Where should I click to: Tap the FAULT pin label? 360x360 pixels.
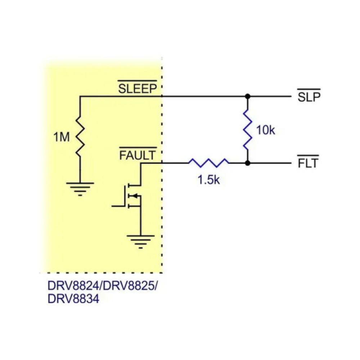(x=138, y=156)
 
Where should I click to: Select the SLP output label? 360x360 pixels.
(x=309, y=97)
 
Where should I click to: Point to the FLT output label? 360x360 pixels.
(x=308, y=163)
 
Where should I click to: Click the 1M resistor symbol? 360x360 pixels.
(x=80, y=136)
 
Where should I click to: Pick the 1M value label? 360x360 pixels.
(x=61, y=137)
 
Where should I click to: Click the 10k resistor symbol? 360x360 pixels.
(x=247, y=130)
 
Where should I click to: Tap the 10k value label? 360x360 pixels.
(x=265, y=130)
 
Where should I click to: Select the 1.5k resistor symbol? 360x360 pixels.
(x=208, y=163)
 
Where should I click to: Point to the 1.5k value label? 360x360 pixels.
(x=208, y=180)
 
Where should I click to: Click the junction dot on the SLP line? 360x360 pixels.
(x=247, y=96)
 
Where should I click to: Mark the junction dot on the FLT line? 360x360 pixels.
(x=247, y=163)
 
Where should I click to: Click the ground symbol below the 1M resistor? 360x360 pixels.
(x=80, y=188)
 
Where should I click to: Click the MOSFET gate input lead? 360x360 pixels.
(x=118, y=206)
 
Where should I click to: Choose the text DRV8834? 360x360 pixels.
(x=73, y=298)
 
